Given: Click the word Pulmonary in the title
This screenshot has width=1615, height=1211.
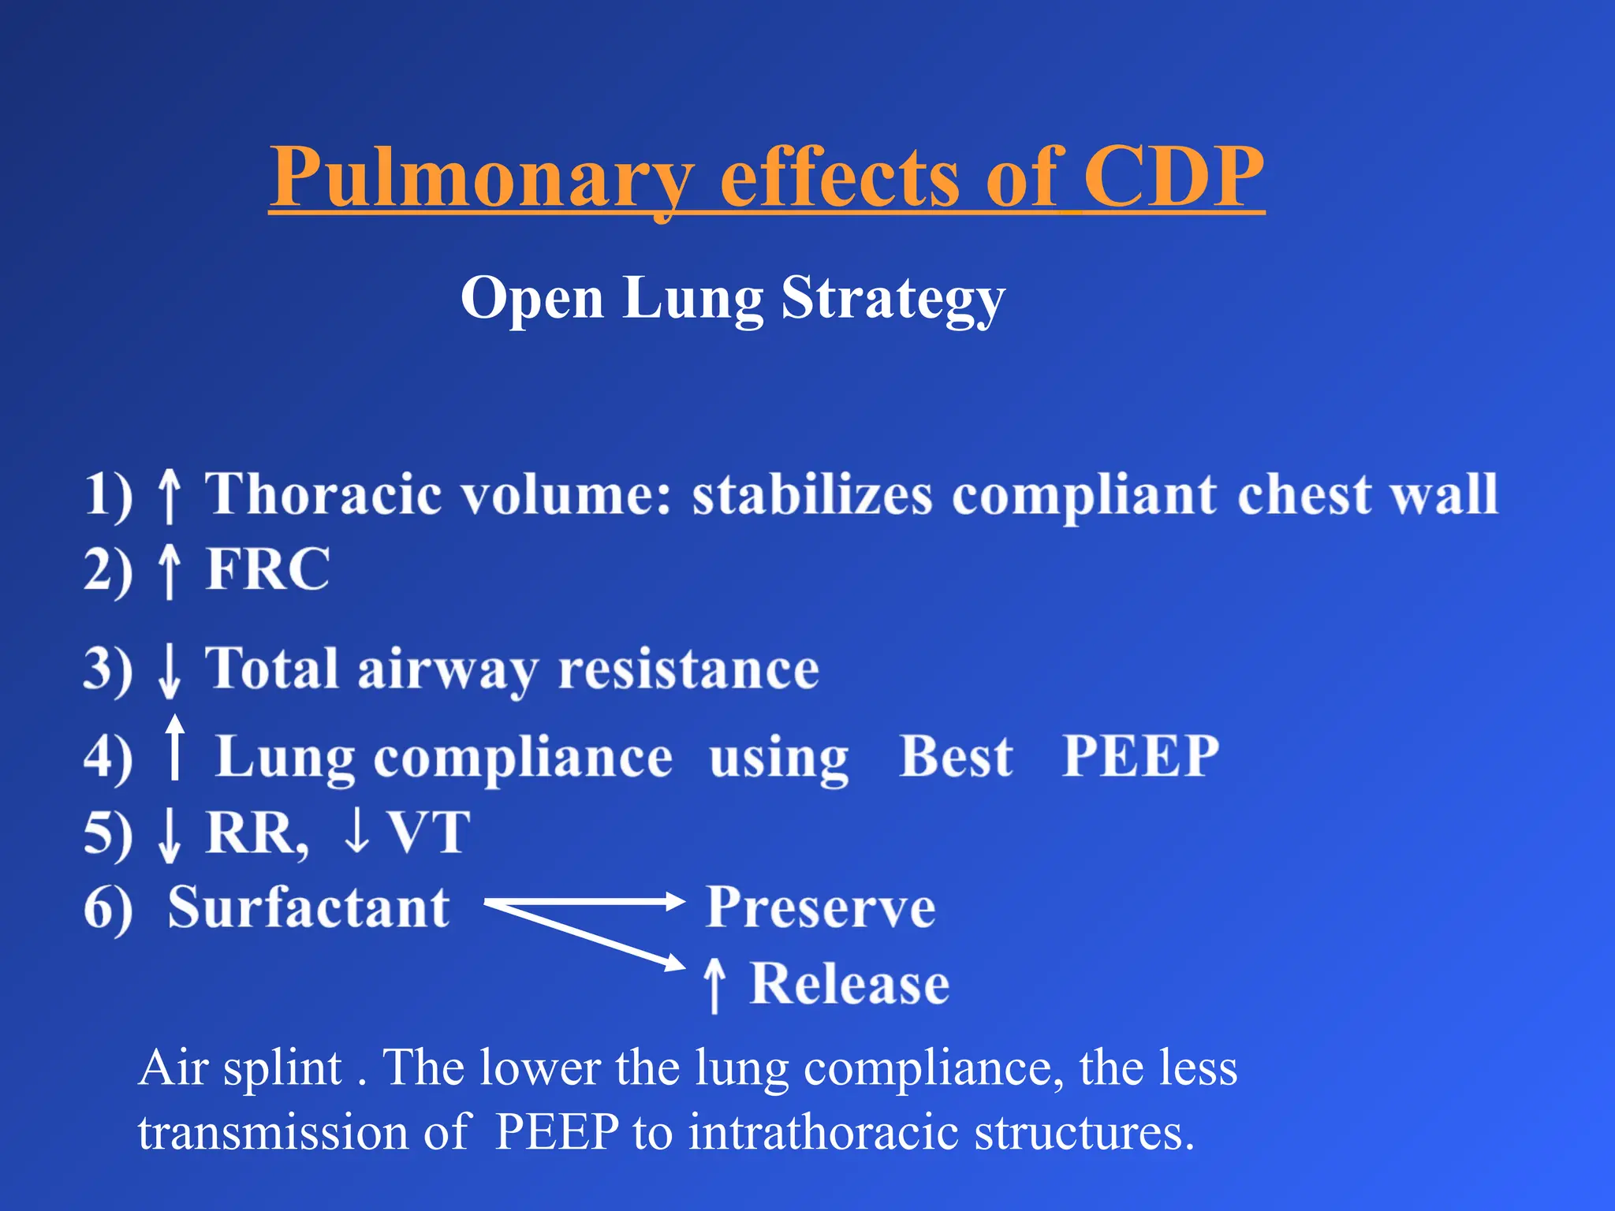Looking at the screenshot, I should pos(481,177).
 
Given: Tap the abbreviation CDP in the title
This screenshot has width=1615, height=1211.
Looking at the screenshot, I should pos(1173,177).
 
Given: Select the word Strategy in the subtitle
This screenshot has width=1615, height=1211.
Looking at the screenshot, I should pos(893,300).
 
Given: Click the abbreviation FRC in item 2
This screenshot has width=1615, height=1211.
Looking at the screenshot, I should pos(268,569).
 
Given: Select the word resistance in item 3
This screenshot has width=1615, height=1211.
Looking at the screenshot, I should pos(688,670).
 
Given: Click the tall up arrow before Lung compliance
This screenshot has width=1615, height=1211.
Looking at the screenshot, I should pos(175,747).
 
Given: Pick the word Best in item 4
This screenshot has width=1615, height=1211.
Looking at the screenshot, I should pos(956,757).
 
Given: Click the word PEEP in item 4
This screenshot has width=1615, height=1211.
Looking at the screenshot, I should pos(1140,757).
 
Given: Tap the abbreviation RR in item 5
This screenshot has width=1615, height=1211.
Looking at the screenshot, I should pos(254,833).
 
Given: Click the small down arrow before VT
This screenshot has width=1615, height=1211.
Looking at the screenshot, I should pos(357,833).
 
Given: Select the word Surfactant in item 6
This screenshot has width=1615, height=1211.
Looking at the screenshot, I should pos(308,907).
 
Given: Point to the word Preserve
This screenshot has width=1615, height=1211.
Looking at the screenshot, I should pos(820,907).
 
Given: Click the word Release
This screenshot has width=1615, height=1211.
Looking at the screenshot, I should pos(849,984).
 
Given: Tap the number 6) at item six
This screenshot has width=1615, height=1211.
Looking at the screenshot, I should pos(108,909).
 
